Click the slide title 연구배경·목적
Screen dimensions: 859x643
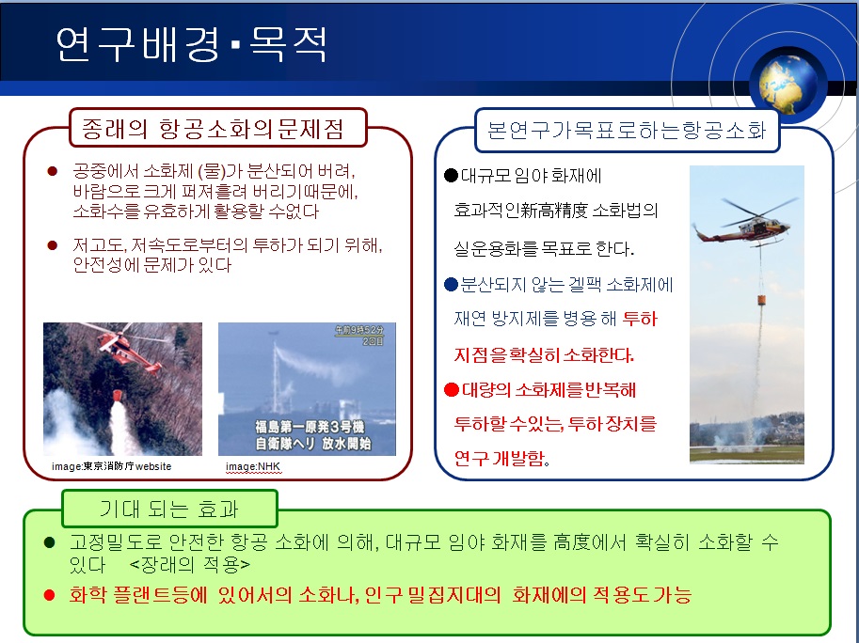[192, 43]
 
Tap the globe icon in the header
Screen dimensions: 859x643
[787, 83]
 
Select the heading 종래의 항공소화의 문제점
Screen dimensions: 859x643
[213, 129]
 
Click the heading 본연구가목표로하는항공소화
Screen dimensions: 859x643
[627, 131]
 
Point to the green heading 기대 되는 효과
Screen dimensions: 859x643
[168, 509]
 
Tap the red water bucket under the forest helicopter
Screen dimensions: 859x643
[118, 395]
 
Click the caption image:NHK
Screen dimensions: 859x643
[253, 466]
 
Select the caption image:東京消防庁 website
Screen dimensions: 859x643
[112, 466]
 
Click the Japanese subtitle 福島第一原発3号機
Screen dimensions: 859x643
[310, 426]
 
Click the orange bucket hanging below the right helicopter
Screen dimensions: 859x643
[762, 300]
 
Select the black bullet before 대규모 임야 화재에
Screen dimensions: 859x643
[451, 175]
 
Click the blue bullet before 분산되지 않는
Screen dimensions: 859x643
[451, 285]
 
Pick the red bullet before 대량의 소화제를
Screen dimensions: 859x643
[452, 389]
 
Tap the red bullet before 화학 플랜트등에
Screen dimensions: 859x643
[49, 595]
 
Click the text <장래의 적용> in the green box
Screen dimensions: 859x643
[189, 564]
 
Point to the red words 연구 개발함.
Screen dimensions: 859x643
[501, 458]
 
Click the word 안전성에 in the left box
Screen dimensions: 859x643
[105, 265]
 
